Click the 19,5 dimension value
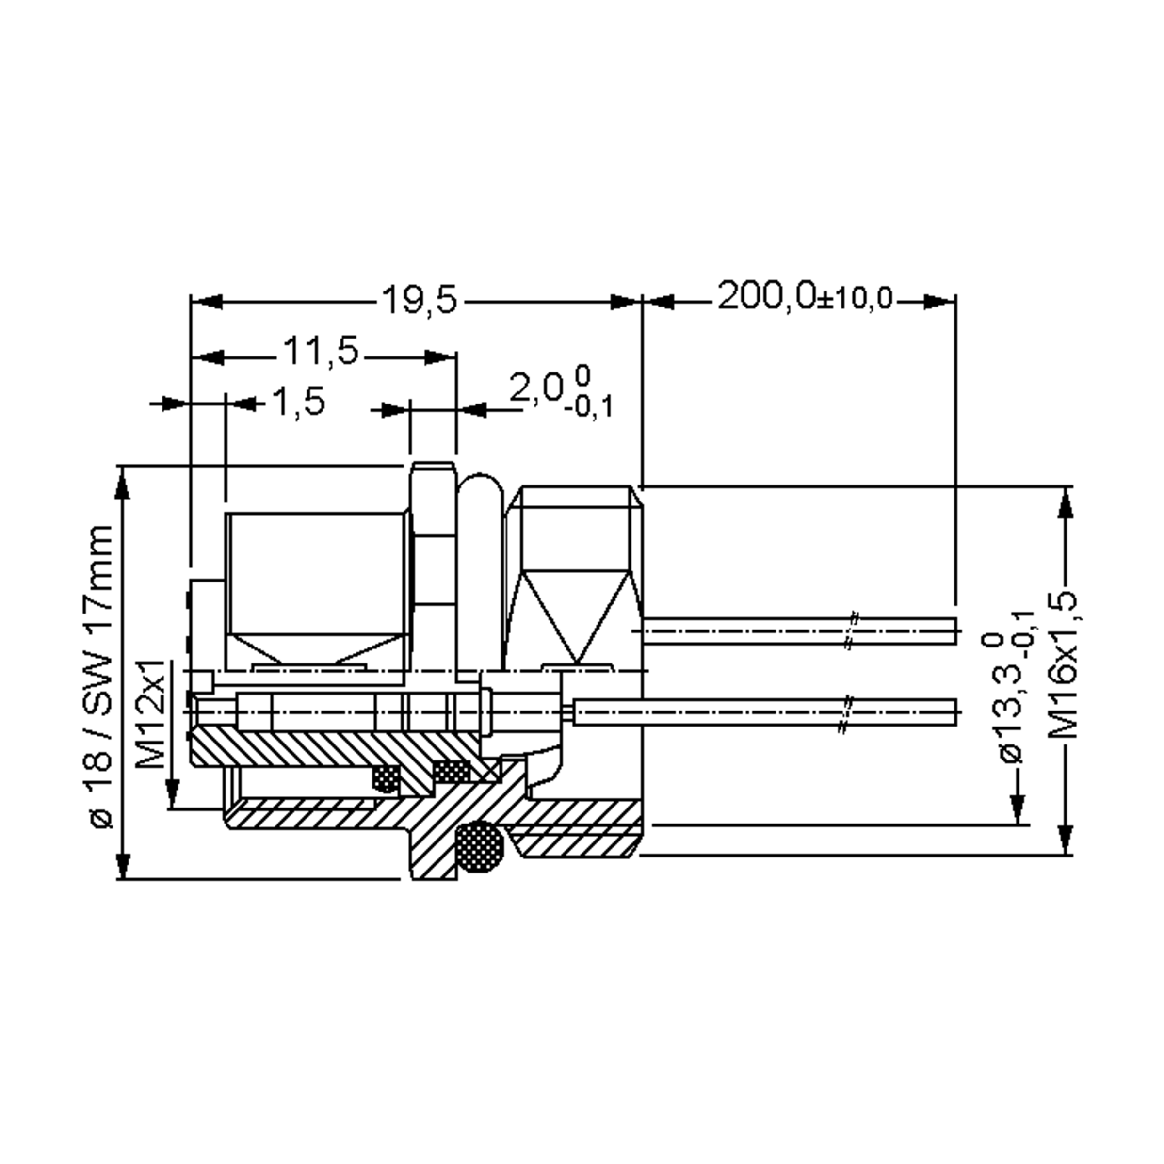point(420,299)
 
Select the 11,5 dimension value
point(321,351)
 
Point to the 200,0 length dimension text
point(766,295)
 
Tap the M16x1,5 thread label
point(1062,666)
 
